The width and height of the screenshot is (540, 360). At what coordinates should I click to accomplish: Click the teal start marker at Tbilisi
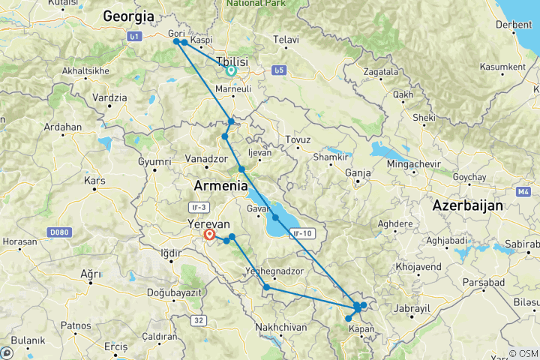coord(231,71)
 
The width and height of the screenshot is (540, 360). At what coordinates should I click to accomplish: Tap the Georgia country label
coord(128,16)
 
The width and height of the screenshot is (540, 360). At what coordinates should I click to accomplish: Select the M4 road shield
coord(523,192)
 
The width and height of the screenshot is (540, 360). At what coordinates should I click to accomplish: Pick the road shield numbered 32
coord(198,320)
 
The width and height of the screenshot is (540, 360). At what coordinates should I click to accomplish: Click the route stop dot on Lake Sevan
coord(276,218)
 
